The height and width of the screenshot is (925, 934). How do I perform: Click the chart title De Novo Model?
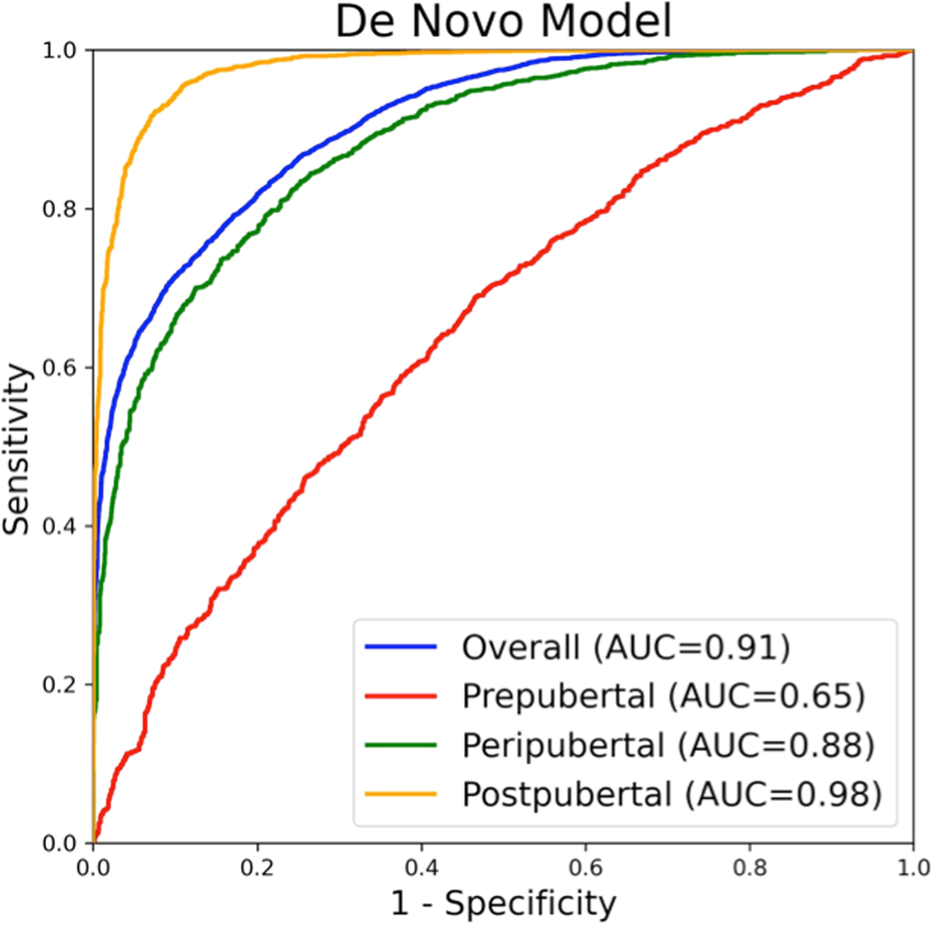point(503,22)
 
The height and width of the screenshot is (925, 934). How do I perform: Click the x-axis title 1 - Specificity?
point(503,903)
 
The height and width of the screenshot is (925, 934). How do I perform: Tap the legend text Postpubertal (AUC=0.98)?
point(672,794)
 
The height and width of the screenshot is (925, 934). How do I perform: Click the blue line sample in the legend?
point(401,647)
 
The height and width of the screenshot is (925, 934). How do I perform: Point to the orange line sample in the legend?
point(401,794)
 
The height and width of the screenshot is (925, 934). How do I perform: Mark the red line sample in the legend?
point(401,695)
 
